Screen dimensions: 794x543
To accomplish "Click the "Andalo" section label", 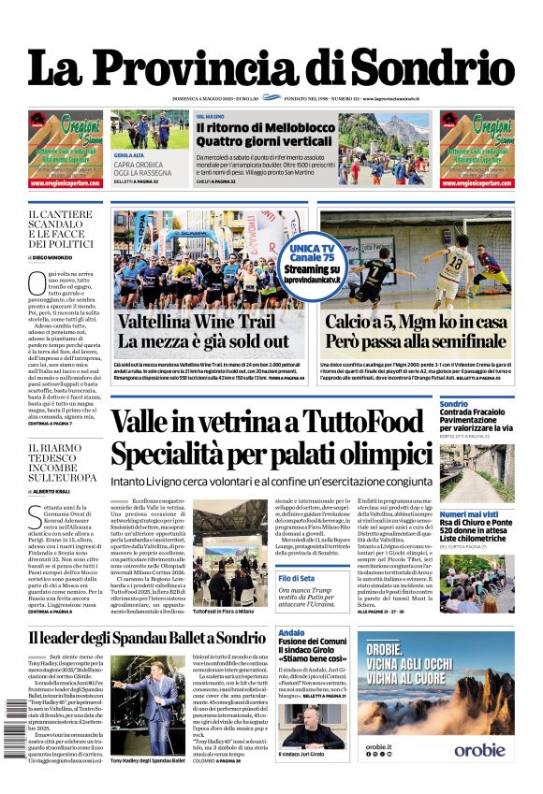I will coord(292,634).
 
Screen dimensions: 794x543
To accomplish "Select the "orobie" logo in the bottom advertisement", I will coord(480,775).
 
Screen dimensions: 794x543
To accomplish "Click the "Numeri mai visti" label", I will coord(469,513).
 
